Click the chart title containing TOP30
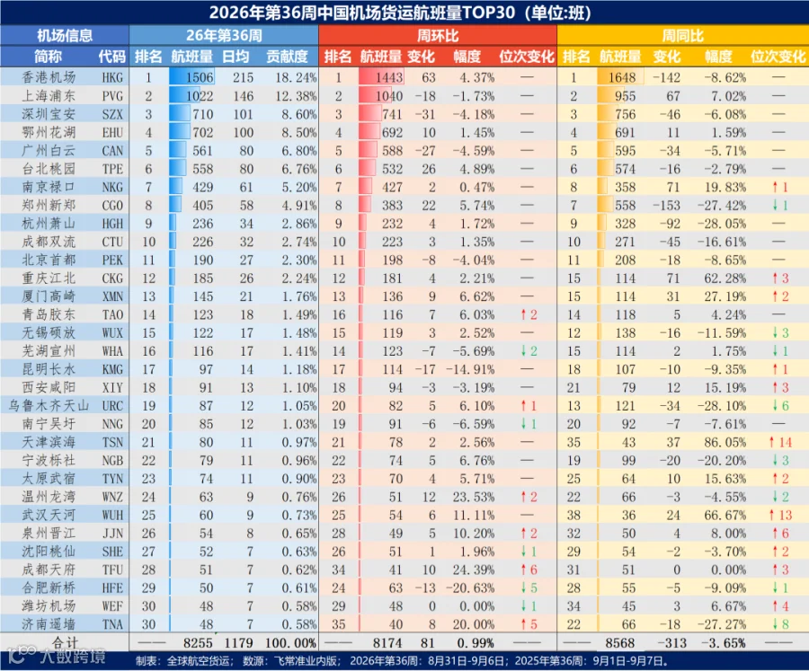click(x=400, y=13)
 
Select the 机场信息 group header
click(x=65, y=36)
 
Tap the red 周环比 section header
click(x=438, y=36)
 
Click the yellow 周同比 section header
click(x=682, y=36)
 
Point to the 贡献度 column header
click(x=287, y=57)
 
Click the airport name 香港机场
click(x=49, y=77)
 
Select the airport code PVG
click(x=112, y=96)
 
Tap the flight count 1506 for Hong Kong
click(x=200, y=77)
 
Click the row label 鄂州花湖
click(x=49, y=133)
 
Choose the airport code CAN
click(x=112, y=151)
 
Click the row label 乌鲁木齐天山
click(x=49, y=406)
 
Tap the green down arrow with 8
click(x=780, y=624)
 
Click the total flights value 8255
click(x=198, y=643)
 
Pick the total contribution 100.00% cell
click(x=290, y=643)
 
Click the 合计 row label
click(x=65, y=642)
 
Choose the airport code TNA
click(x=112, y=624)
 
